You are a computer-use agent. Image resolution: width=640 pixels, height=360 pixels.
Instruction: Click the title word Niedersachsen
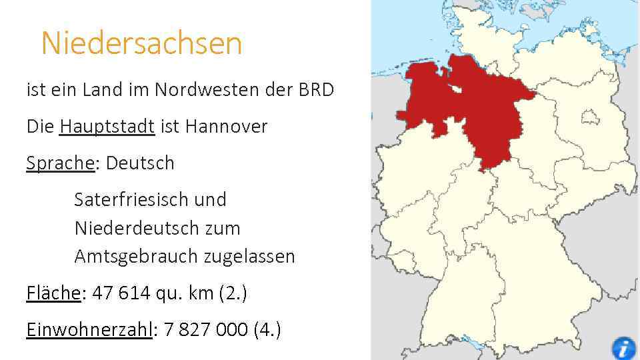(x=141, y=44)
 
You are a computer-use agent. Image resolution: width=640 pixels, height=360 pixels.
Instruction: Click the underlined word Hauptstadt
(x=107, y=126)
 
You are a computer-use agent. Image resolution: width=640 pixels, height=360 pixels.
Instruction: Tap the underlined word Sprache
(x=60, y=163)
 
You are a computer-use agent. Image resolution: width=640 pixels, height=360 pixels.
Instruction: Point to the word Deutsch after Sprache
(x=140, y=163)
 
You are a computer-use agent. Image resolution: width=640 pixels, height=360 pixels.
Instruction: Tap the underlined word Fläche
(x=53, y=293)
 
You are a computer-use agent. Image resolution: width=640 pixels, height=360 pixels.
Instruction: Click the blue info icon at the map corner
(x=623, y=349)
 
